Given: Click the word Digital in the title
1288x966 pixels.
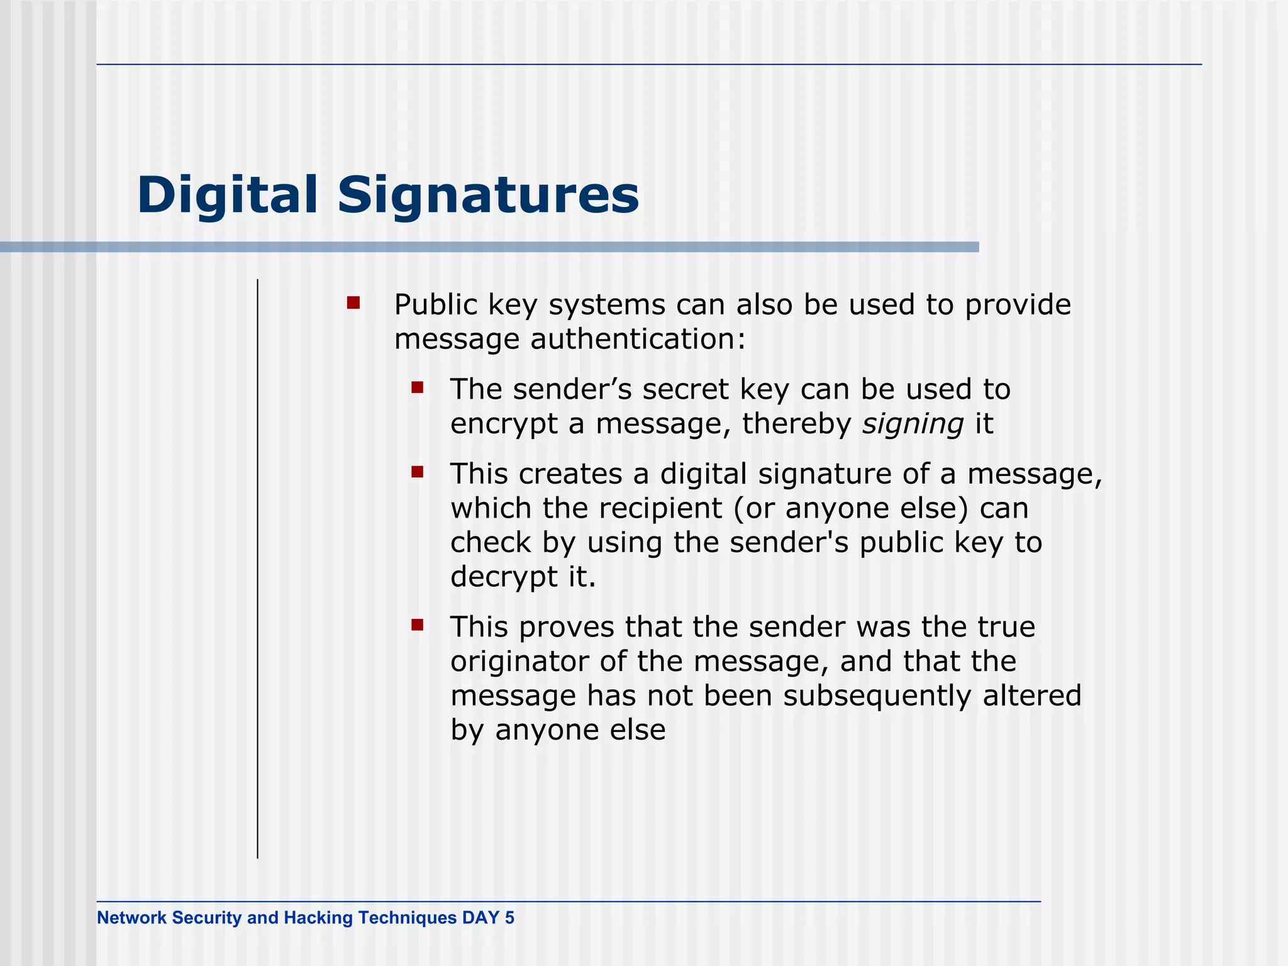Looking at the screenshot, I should click(x=227, y=195).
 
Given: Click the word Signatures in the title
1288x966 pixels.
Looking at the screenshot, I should click(x=488, y=195).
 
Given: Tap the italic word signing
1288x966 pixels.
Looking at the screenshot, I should click(x=913, y=424).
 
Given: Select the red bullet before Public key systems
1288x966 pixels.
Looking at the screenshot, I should click(x=353, y=303).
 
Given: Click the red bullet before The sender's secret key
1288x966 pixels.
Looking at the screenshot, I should click(x=417, y=387).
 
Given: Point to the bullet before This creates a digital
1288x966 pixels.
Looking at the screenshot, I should click(x=417, y=472).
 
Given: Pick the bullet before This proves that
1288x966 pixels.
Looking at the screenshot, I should click(x=417, y=625).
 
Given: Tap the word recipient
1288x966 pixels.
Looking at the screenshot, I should click(x=660, y=508).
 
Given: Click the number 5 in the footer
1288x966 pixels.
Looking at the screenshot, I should click(x=509, y=918).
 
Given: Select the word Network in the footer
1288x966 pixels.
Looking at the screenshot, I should click(x=131, y=918).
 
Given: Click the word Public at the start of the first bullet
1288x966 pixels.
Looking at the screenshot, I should click(x=436, y=305).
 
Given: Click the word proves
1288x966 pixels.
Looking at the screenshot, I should click(x=567, y=628).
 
